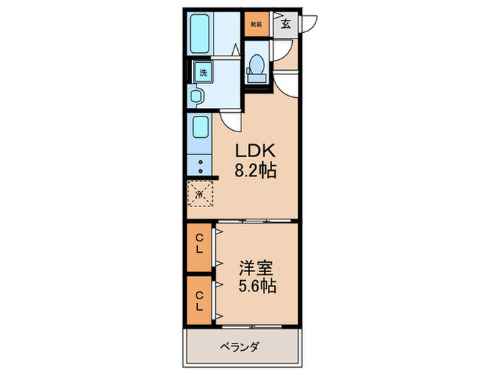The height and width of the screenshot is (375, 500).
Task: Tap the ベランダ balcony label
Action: pyautogui.click(x=240, y=348)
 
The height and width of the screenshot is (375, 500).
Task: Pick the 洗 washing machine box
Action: pyautogui.click(x=203, y=71)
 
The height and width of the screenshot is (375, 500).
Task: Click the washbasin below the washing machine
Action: pyautogui.click(x=198, y=96)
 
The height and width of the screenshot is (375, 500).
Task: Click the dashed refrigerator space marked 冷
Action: pyautogui.click(x=200, y=193)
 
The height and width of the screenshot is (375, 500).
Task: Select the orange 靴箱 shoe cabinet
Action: pyautogui.click(x=255, y=24)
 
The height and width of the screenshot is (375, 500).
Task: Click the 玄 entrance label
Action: pyautogui.click(x=285, y=24)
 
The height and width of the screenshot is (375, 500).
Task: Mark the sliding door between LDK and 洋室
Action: pyautogui.click(x=256, y=221)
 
